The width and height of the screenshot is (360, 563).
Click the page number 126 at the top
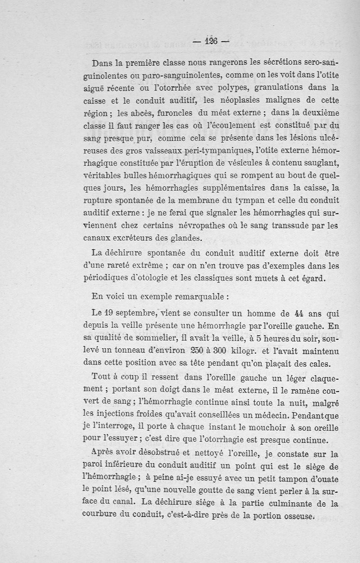(x=210, y=41)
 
